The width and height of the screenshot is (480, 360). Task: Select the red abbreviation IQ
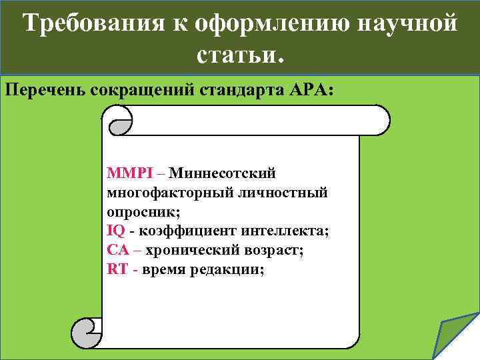point(115,231)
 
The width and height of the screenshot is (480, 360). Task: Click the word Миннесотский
point(222,173)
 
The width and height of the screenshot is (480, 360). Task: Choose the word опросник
point(141,212)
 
